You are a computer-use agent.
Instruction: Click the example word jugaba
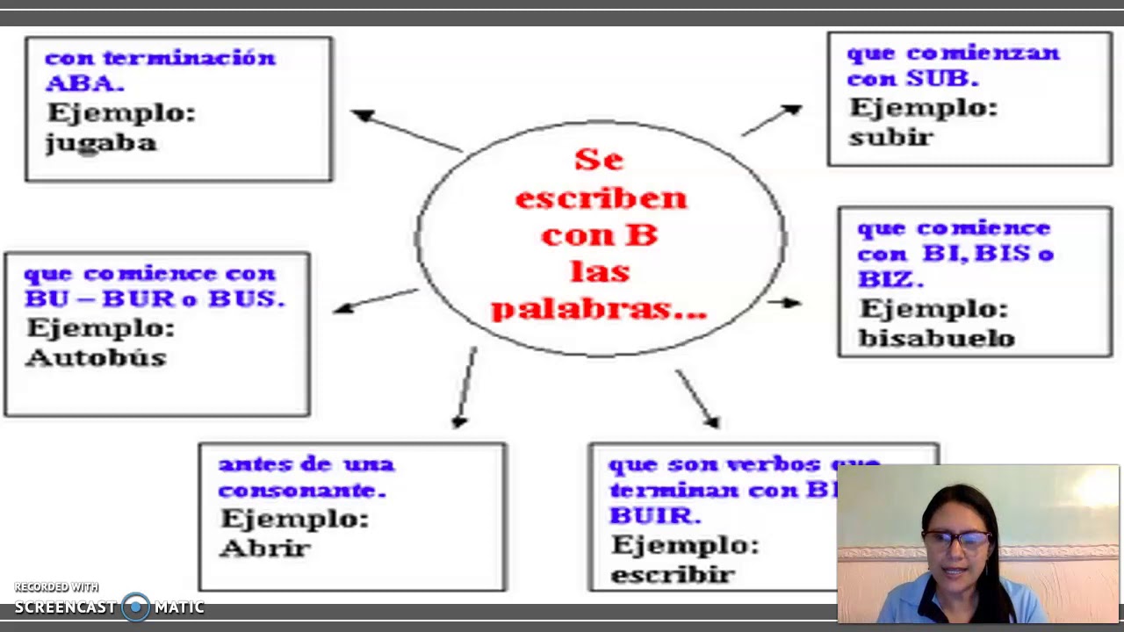coord(101,143)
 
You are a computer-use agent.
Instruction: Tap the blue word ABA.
coord(83,84)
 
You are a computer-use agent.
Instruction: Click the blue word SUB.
coord(940,78)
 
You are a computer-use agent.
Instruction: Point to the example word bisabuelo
coord(936,338)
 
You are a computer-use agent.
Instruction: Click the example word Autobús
coord(96,357)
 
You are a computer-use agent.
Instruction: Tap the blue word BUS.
coord(245,298)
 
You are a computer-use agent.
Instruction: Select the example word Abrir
coord(264,549)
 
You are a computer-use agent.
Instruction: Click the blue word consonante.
coord(301,490)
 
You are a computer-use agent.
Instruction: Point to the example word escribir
coord(673,575)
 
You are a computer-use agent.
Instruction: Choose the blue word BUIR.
coord(654,515)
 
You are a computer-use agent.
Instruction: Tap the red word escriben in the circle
coord(601,198)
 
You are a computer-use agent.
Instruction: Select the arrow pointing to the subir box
coord(772,120)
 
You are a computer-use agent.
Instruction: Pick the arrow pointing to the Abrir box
coord(465,386)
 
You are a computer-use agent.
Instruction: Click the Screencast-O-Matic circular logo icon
coord(135,607)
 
